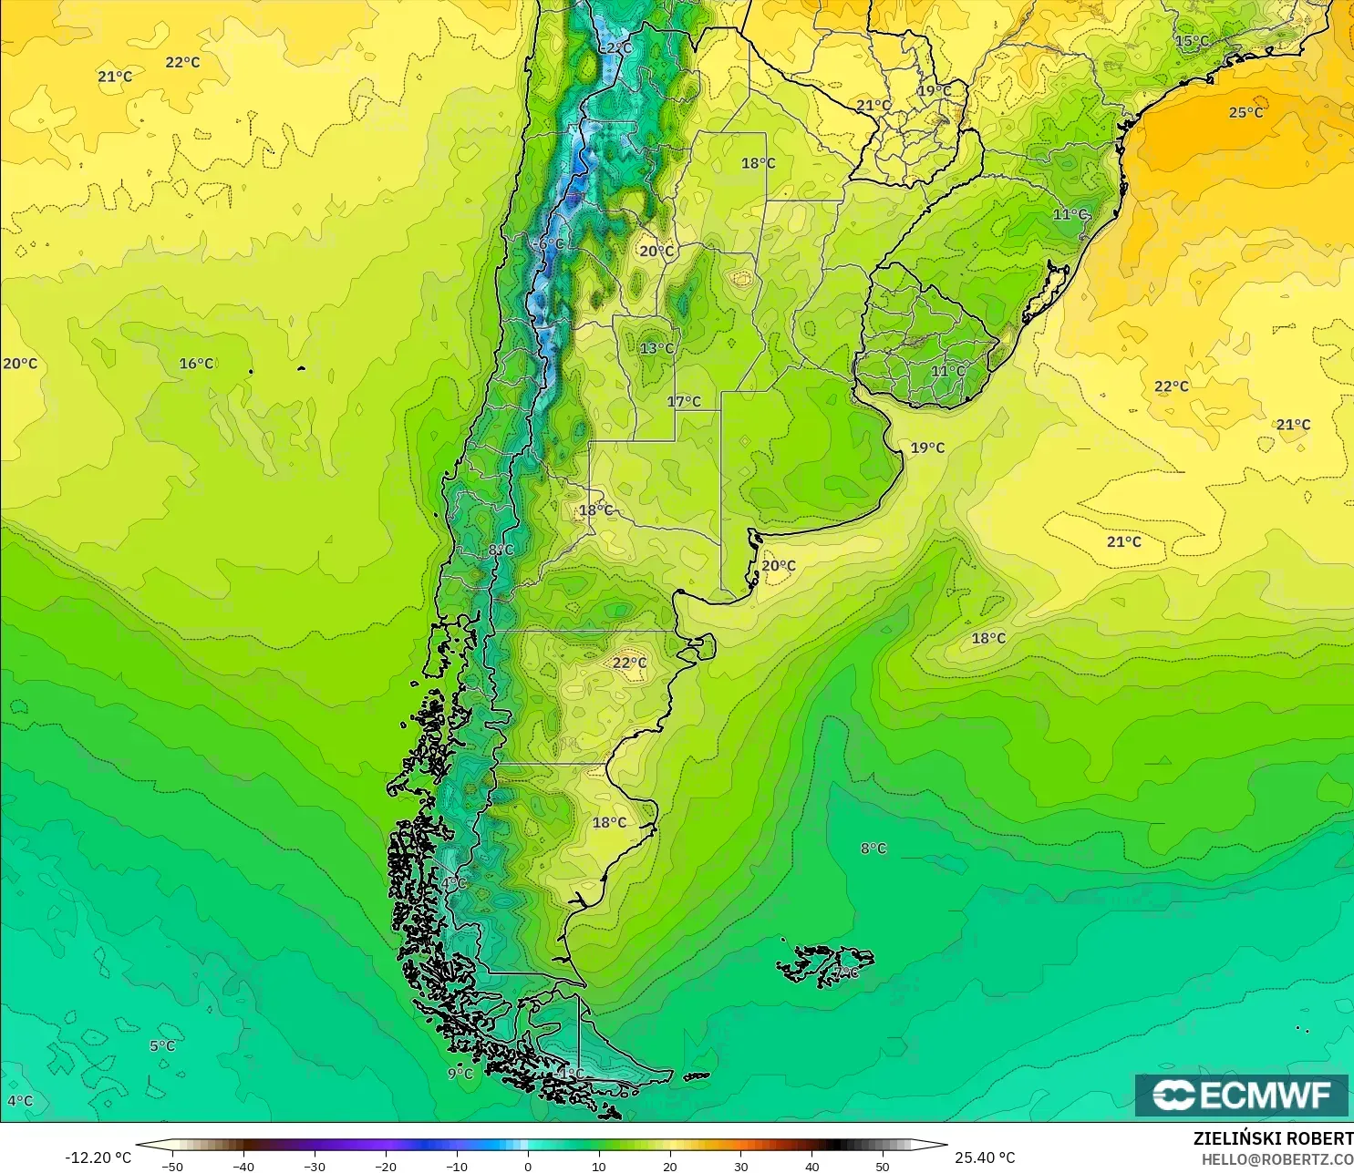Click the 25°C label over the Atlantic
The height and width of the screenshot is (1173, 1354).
pos(1245,112)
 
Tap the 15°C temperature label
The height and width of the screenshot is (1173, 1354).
pos(1192,41)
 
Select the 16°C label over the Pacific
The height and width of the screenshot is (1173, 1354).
pos(196,364)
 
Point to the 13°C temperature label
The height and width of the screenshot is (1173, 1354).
pos(656,348)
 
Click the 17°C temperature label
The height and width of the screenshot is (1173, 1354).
pos(684,401)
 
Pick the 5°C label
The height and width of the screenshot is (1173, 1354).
pos(162,1045)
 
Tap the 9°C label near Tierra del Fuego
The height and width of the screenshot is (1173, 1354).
pos(460,1074)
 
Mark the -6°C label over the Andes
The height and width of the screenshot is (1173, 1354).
pos(549,244)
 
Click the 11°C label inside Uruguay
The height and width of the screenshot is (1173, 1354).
pos(948,371)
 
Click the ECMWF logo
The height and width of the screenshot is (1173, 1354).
pos(1241,1095)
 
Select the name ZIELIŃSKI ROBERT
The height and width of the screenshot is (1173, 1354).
pos(1273,1138)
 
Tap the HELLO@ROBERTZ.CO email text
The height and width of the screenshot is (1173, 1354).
pos(1276,1159)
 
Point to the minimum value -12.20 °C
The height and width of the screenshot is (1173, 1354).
pos(98,1158)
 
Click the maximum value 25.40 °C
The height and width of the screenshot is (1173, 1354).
pos(985,1158)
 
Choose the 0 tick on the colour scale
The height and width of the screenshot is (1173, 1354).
pos(528,1166)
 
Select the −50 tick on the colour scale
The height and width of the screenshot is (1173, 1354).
pos(171,1166)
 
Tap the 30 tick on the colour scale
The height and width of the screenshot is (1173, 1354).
pos(741,1166)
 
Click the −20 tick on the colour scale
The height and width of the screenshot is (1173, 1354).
pos(386,1166)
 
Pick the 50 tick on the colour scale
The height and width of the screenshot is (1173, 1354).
pos(883,1166)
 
